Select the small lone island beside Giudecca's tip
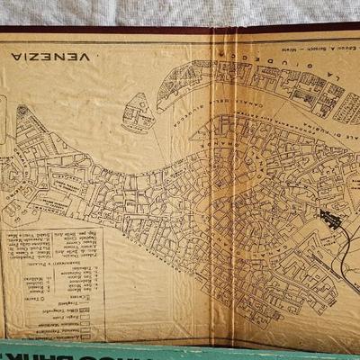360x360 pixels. pos(137,112)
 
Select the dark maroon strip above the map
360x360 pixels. pos(180,30)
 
